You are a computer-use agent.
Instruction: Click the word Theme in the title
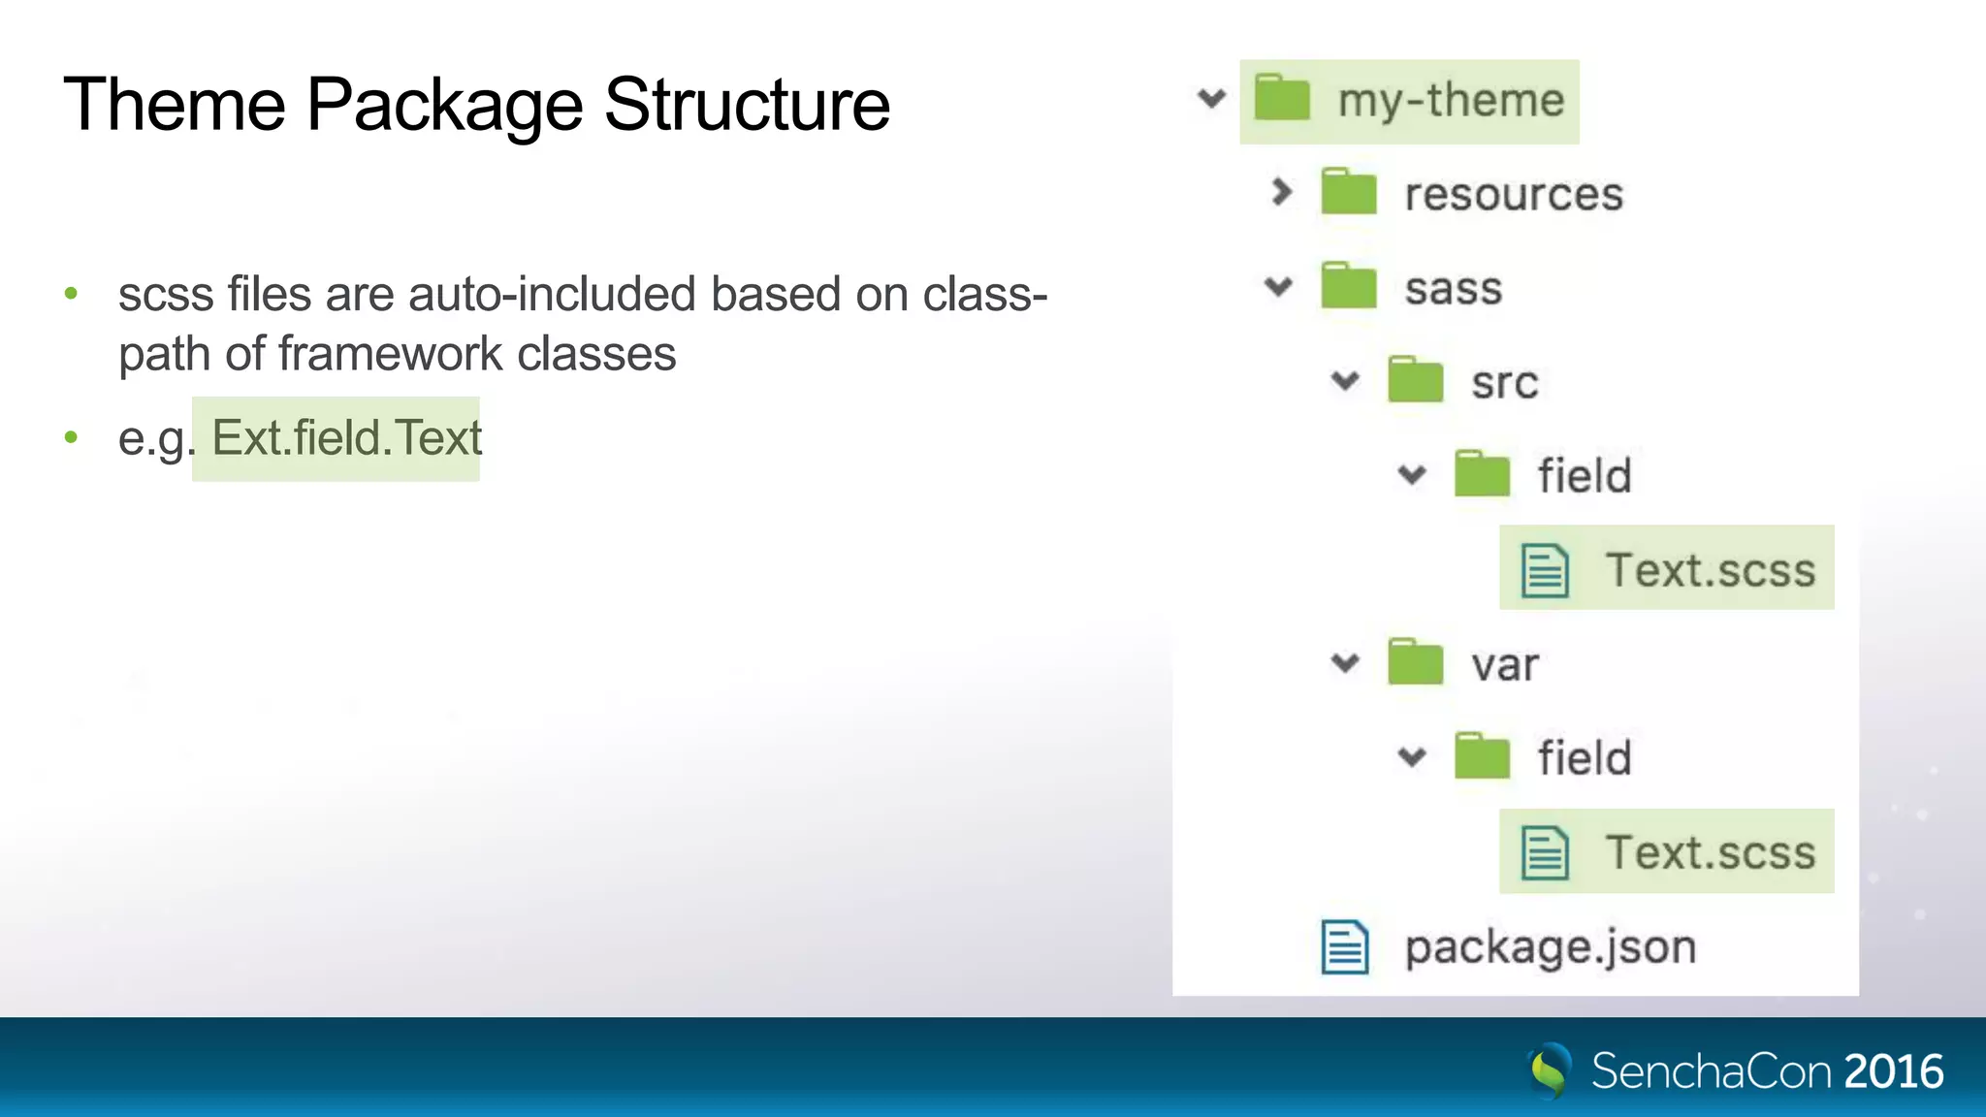[175, 105]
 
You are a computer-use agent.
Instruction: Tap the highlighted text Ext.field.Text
[346, 438]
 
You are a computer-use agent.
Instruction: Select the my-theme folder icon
[1282, 99]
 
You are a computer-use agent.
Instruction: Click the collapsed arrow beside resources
[1281, 192]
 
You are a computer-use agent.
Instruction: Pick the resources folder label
[1514, 195]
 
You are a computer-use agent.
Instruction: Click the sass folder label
[1454, 289]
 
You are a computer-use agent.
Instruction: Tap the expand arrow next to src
[1345, 381]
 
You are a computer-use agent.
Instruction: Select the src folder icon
[1415, 380]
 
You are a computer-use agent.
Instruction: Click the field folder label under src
[1585, 476]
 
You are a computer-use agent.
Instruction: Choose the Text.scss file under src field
[1710, 569]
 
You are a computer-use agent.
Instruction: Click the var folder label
[1505, 665]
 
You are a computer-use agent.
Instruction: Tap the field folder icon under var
[1482, 757]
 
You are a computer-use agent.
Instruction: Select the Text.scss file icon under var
[1545, 852]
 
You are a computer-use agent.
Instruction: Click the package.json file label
[1551, 947]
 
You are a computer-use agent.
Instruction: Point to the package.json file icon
[1345, 946]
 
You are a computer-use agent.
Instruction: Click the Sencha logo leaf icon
[1550, 1070]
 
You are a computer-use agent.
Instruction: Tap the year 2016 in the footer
[1893, 1071]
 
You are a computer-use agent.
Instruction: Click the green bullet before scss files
[71, 294]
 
